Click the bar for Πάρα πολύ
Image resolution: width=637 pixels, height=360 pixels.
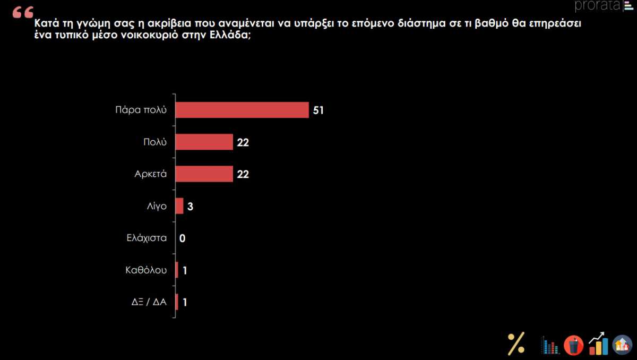[242, 110]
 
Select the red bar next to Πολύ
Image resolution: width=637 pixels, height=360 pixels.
[204, 142]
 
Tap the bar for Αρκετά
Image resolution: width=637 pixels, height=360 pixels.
[204, 174]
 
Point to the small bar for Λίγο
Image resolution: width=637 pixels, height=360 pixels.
[179, 206]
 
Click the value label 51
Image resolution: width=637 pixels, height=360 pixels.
[318, 110]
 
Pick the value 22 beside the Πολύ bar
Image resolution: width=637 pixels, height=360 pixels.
[243, 142]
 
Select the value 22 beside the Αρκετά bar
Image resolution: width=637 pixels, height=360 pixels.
[243, 174]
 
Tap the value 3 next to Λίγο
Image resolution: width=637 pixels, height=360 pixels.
[190, 207]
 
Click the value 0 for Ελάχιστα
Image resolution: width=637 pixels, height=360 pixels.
[182, 238]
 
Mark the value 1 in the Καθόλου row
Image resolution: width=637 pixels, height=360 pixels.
[185, 270]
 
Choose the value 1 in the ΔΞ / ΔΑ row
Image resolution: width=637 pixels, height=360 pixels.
[185, 303]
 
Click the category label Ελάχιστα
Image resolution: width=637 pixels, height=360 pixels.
[146, 238]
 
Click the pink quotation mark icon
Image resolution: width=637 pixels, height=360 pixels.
[22, 12]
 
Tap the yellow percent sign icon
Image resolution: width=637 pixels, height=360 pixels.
[516, 343]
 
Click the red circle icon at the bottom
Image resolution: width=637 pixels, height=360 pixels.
[573, 345]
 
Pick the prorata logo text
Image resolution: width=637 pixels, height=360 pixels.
[597, 6]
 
